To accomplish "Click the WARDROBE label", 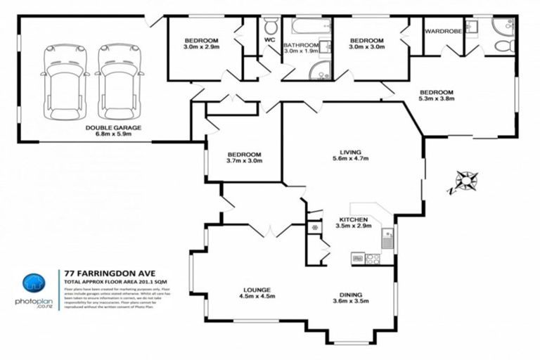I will tap(442, 32).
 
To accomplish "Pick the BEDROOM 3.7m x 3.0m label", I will tap(244, 158).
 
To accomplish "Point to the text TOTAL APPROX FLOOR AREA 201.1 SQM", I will tap(120, 281).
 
